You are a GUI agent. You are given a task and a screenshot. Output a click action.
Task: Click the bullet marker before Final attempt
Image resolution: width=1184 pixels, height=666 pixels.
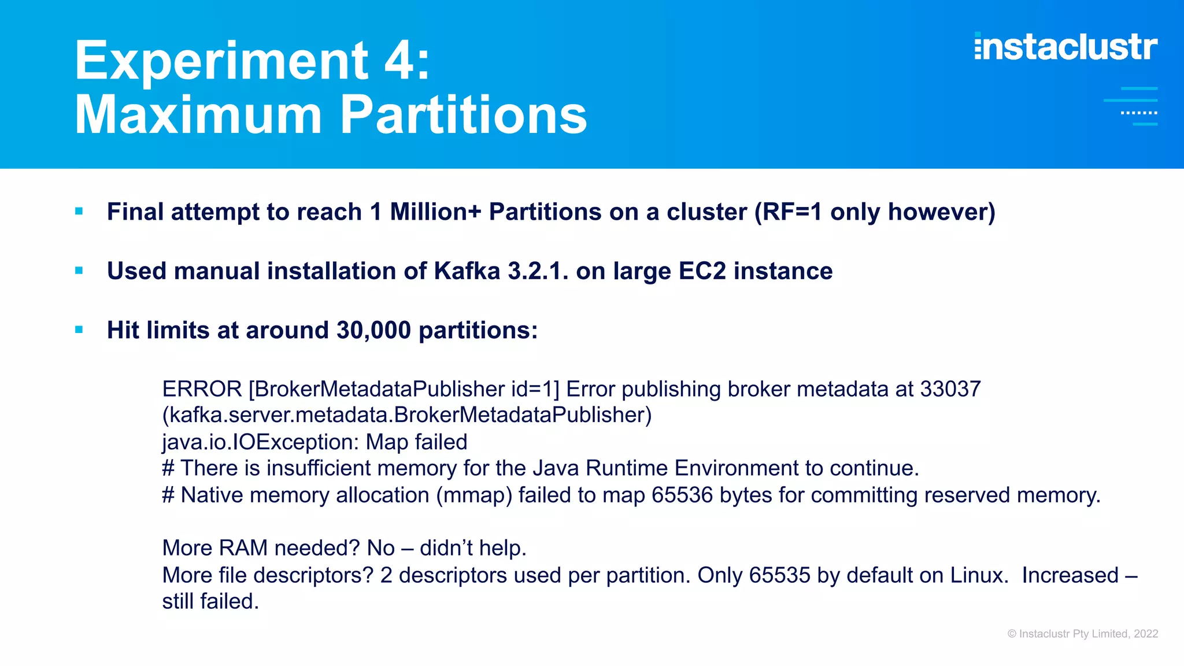[x=79, y=212]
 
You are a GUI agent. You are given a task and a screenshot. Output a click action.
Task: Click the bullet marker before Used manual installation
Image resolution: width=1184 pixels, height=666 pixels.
[x=79, y=271]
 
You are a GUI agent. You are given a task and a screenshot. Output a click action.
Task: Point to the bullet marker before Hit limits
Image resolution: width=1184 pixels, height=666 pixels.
[x=79, y=330]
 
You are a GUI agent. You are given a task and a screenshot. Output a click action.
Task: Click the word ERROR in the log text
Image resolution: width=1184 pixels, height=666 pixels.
[x=202, y=389]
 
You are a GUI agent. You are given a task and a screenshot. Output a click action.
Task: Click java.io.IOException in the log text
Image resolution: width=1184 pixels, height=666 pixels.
[x=255, y=442]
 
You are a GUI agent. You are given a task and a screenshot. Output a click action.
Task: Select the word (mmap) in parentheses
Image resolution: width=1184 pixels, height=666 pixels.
[x=473, y=495]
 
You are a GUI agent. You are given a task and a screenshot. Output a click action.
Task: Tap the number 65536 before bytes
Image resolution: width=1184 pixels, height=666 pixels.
[x=682, y=495]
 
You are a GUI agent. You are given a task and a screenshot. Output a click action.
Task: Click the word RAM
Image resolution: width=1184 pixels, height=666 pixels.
[x=243, y=548]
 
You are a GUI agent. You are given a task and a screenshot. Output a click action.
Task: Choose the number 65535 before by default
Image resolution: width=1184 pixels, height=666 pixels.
[x=779, y=575]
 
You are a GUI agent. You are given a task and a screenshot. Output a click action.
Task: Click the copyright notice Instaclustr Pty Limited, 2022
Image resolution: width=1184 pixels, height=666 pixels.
[x=1082, y=634]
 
